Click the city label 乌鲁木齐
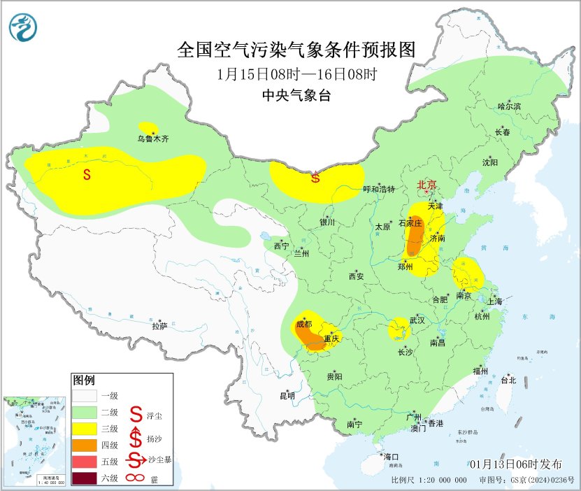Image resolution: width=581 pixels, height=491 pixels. (x=152, y=138)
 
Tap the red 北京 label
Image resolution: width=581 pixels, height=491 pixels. (x=426, y=185)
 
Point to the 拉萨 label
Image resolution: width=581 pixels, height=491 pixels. (x=159, y=325)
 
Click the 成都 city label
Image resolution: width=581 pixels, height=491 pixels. (x=303, y=324)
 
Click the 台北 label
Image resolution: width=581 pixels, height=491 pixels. (x=508, y=380)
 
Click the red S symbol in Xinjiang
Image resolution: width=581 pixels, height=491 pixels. (x=87, y=175)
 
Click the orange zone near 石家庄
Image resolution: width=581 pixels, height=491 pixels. (x=415, y=236)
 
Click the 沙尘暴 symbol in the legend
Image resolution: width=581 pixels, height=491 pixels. (x=137, y=462)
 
